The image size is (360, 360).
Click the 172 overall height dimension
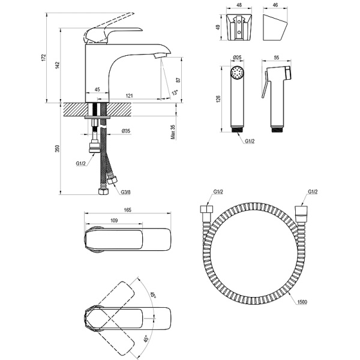click(x=44, y=58)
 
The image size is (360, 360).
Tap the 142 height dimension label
click(x=58, y=65)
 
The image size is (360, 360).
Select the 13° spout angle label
click(x=175, y=92)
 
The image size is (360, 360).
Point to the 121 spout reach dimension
click(x=129, y=95)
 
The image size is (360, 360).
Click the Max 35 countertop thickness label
click(x=173, y=132)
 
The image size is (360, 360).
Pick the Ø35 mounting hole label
click(x=126, y=131)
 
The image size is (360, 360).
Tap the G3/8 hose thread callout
click(x=126, y=192)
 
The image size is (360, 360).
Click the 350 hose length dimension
click(x=58, y=148)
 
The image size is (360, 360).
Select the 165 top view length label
click(x=127, y=210)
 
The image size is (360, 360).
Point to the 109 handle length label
click(x=114, y=220)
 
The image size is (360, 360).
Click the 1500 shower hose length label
click(x=302, y=302)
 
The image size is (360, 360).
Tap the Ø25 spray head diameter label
click(x=237, y=57)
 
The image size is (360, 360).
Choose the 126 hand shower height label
click(x=218, y=99)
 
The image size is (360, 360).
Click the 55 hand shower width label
click(x=277, y=58)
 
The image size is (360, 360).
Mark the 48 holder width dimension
click(x=239, y=5)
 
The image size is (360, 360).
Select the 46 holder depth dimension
click(x=275, y=5)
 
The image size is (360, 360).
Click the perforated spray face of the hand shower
click(x=237, y=73)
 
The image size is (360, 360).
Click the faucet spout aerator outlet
click(x=160, y=55)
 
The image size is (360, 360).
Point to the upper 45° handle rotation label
click(x=153, y=295)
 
